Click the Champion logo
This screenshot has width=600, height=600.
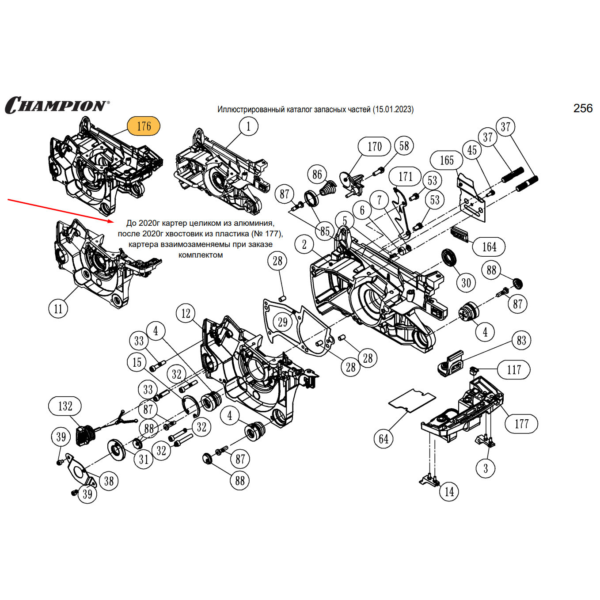pos(57,105)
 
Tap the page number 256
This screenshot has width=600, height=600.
pos(583,108)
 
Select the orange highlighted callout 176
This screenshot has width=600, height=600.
pos(144,126)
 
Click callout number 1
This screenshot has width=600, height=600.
pos(248,126)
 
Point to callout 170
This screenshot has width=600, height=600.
pos(374,146)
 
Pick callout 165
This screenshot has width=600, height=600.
pos(446,160)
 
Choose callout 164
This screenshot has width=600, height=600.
pos(489,247)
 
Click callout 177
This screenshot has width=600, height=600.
pos(521,424)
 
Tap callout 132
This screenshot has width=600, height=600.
pos(65,406)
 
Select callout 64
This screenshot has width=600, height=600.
pos(384,439)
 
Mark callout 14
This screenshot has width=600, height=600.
pos(449,492)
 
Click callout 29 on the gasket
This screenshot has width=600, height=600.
pos(283,322)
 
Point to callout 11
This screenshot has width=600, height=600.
pos(58,308)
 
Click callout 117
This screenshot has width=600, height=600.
pos(513,370)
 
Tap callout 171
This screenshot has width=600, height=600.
pos(405,177)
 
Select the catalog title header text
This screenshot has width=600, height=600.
pos(315,109)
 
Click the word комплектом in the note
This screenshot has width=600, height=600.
pos(200,255)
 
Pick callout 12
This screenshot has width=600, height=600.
pos(186,313)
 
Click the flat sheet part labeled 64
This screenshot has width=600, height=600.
pos(412,400)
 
